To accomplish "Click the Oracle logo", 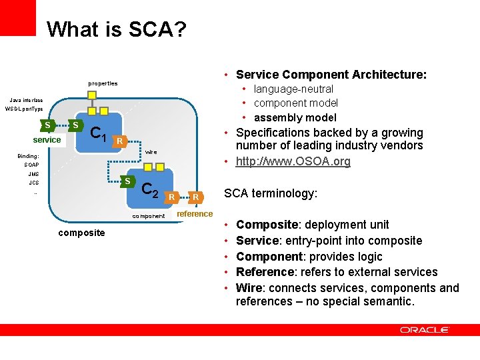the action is tap(425, 330).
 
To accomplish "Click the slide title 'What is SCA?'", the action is tap(117, 29).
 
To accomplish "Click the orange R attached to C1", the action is tap(119, 141).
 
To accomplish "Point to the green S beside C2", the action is tap(127, 181).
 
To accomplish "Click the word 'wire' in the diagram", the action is tap(151, 152).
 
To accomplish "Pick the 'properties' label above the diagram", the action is tap(103, 83).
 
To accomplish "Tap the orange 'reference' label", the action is tap(195, 213).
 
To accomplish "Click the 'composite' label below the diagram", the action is tap(81, 233).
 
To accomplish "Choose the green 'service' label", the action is tap(47, 140).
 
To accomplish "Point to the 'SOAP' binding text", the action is tap(31, 165).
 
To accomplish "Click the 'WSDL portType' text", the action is tap(24, 109).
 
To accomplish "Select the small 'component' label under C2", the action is tap(148, 216).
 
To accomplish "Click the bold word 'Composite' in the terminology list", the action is tap(263, 225).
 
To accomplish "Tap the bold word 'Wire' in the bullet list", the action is tap(249, 288).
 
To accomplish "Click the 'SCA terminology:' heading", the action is tap(271, 193).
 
